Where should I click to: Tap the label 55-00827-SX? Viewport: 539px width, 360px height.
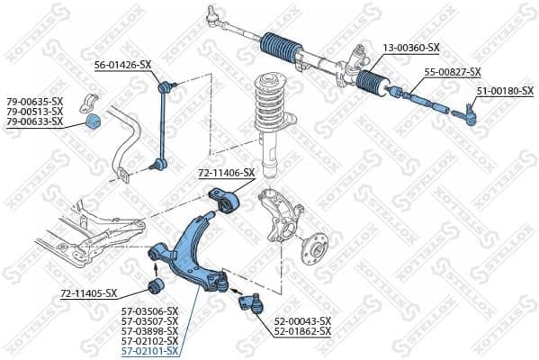click(453, 72)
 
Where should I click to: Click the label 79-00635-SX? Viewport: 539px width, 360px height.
click(35, 101)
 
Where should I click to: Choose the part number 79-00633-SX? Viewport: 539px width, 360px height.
click(35, 121)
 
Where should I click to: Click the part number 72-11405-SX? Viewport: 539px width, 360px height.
click(88, 293)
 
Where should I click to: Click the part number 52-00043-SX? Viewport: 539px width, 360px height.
click(301, 320)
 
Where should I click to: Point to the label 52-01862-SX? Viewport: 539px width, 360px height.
click(301, 331)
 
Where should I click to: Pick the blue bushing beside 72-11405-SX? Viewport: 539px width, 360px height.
click(155, 287)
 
